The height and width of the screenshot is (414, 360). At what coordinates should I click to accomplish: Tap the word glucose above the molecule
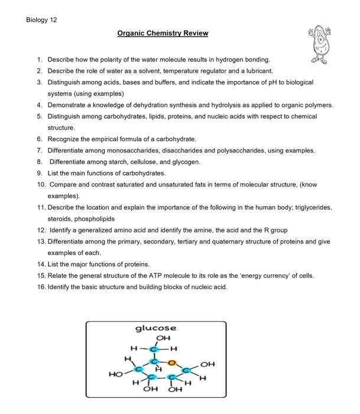pyautogui.click(x=156, y=328)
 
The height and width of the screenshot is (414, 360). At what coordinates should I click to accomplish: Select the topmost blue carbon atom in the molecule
pyautogui.click(x=156, y=347)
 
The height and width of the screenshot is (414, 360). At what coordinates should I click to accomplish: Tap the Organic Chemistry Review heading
pyautogui.click(x=163, y=33)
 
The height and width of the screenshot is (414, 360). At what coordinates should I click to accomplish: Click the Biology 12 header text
pyautogui.click(x=42, y=19)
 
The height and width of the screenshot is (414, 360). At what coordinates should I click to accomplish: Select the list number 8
pyautogui.click(x=39, y=161)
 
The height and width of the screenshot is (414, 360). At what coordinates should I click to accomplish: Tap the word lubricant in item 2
pyautogui.click(x=257, y=70)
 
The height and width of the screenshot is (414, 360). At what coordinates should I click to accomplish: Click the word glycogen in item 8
pyautogui.click(x=187, y=161)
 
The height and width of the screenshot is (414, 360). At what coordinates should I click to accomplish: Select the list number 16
pyautogui.click(x=40, y=287)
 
